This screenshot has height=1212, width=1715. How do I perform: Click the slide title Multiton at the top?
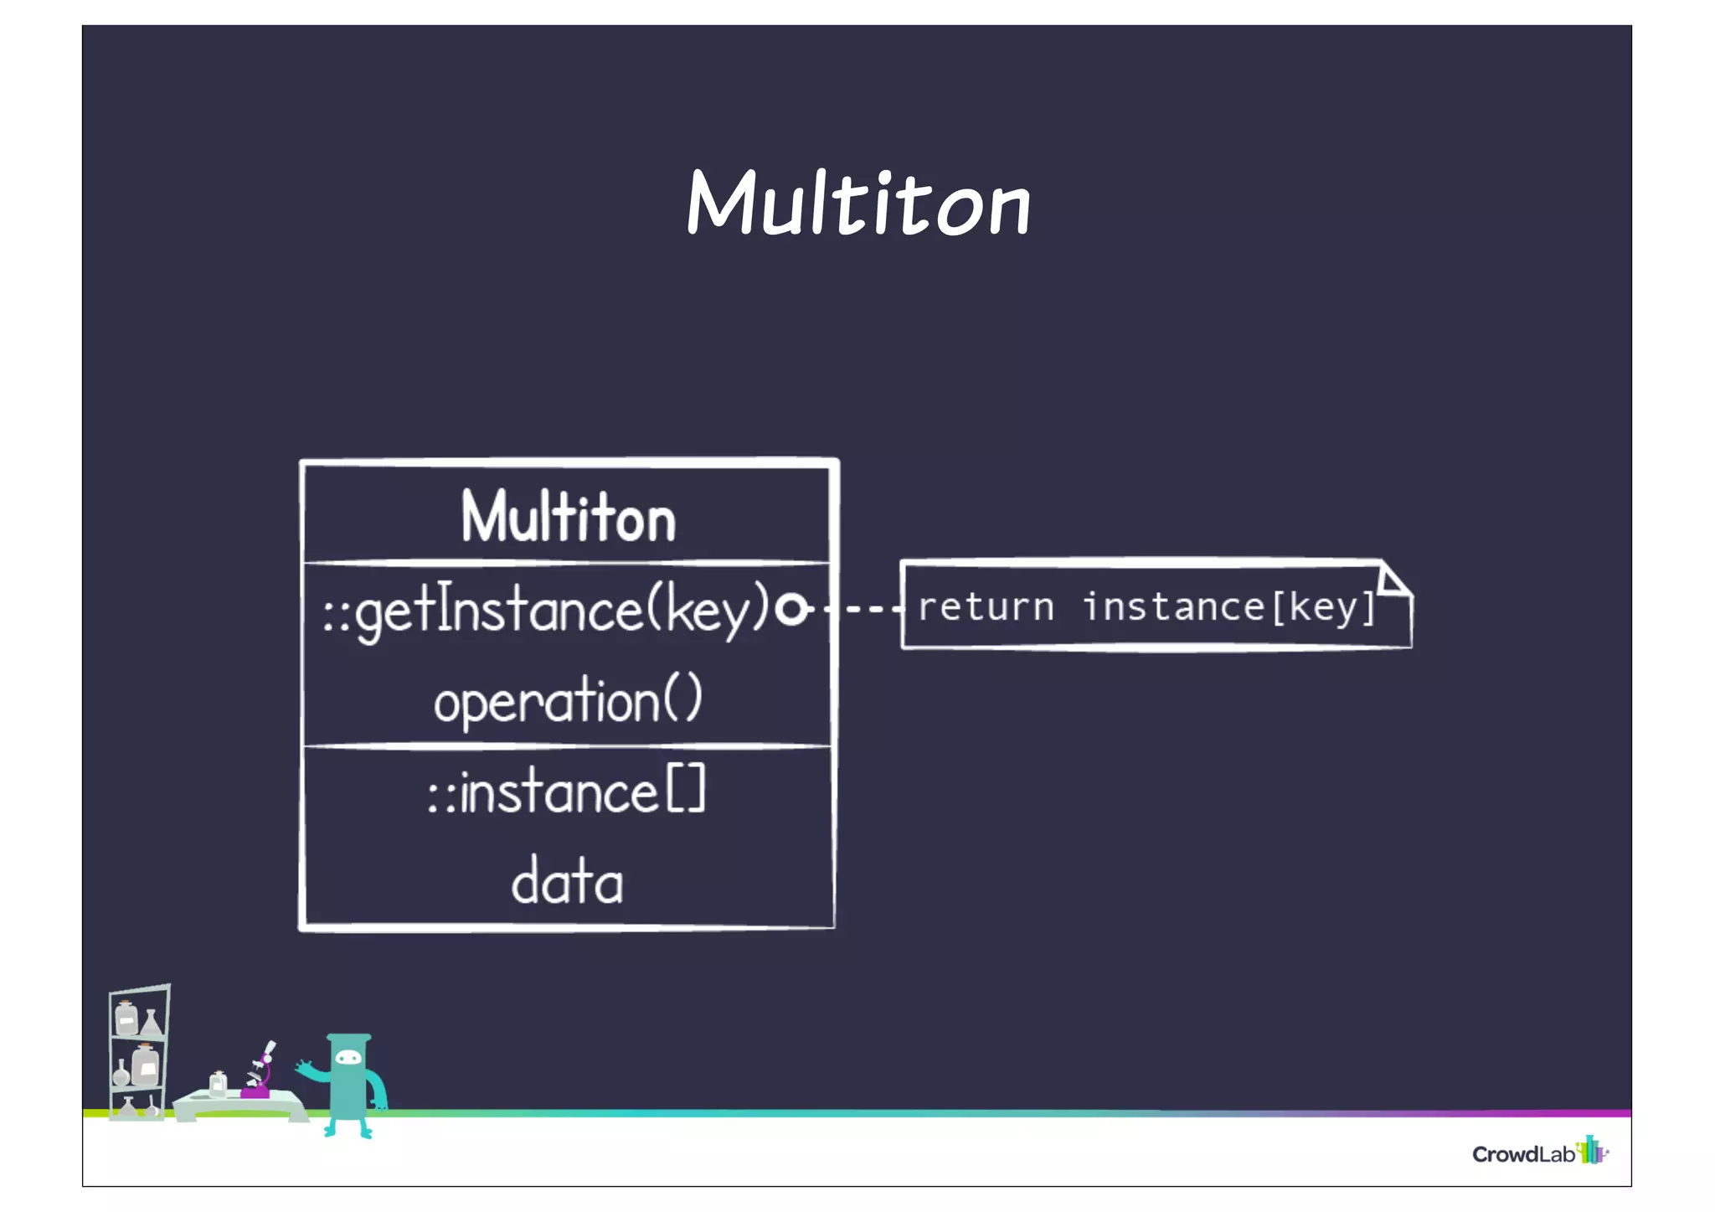858,204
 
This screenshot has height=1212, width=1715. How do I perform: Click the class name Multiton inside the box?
568,517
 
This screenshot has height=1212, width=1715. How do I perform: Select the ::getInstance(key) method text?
546,610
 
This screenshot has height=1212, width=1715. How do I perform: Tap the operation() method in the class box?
568,700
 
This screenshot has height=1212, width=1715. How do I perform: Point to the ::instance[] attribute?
567,792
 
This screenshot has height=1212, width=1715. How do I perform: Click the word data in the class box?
567,881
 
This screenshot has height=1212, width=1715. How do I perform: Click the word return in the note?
986,606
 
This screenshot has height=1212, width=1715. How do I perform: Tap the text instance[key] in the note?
1229,606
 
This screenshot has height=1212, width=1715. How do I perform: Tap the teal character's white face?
348,1058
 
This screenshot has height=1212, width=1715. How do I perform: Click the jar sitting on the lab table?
218,1084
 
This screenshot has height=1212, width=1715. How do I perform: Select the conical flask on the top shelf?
152,1023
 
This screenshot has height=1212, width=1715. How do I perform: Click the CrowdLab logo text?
1523,1154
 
